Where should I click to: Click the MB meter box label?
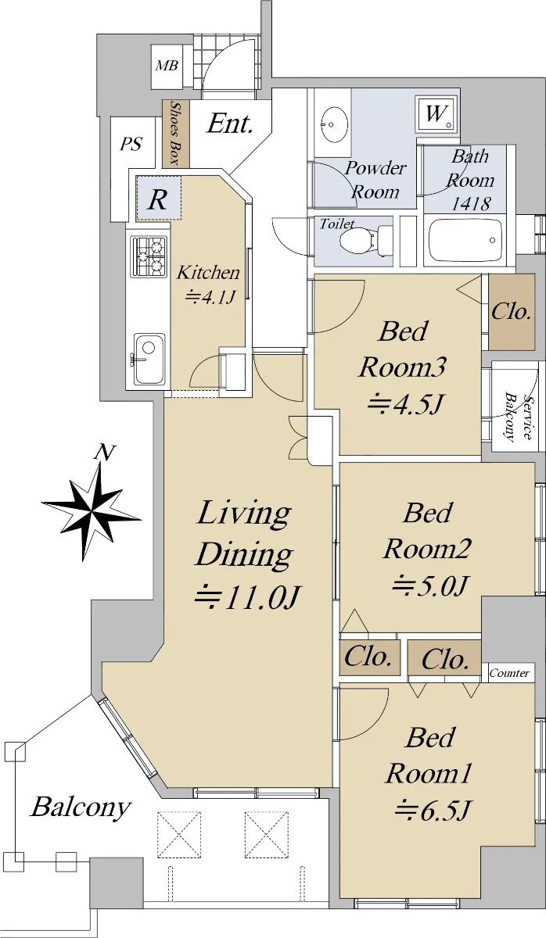pyautogui.click(x=167, y=66)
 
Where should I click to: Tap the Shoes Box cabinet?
pyautogui.click(x=176, y=134)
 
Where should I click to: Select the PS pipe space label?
pyautogui.click(x=131, y=144)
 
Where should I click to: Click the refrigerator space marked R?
pyautogui.click(x=159, y=198)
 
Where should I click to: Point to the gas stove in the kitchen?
pyautogui.click(x=149, y=256)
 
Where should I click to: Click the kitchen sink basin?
pyautogui.click(x=149, y=359)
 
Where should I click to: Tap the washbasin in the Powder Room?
pyautogui.click(x=334, y=124)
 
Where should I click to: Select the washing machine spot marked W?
pyautogui.click(x=436, y=114)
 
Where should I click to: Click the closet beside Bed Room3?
pyautogui.click(x=512, y=312)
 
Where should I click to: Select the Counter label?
pyautogui.click(x=508, y=673)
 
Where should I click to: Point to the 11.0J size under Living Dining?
pyautogui.click(x=247, y=597)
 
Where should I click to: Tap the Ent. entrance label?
pyautogui.click(x=231, y=124)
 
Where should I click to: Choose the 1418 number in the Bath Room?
pyautogui.click(x=471, y=204)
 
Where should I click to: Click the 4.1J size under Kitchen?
pyautogui.click(x=209, y=297)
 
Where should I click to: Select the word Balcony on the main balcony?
pyautogui.click(x=81, y=807)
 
